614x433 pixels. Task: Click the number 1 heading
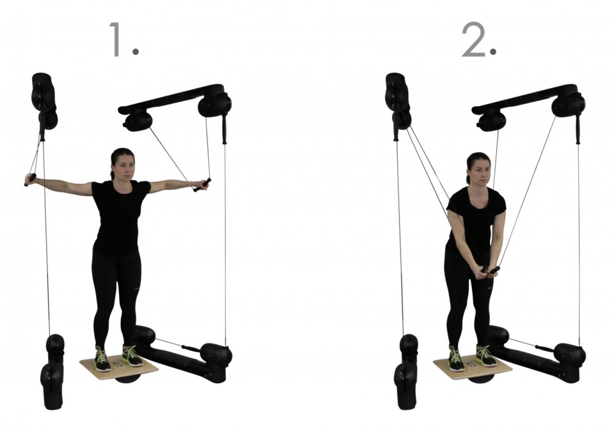pyautogui.click(x=123, y=40)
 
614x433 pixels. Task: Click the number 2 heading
pyautogui.click(x=478, y=40)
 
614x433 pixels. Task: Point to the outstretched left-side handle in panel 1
pyautogui.click(x=30, y=179)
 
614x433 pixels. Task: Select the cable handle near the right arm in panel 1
pyautogui.click(x=202, y=185)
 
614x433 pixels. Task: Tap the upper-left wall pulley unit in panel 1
pyautogui.click(x=44, y=101)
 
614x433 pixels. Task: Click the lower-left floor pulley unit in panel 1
pyautogui.click(x=53, y=372)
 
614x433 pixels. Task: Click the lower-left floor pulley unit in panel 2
pyautogui.click(x=407, y=372)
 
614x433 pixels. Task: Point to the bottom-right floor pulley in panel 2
pyautogui.click(x=569, y=355)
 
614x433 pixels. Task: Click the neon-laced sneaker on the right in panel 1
pyautogui.click(x=132, y=356)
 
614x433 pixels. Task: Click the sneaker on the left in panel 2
pyautogui.click(x=455, y=359)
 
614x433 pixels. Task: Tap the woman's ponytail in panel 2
pyautogui.click(x=468, y=176)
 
